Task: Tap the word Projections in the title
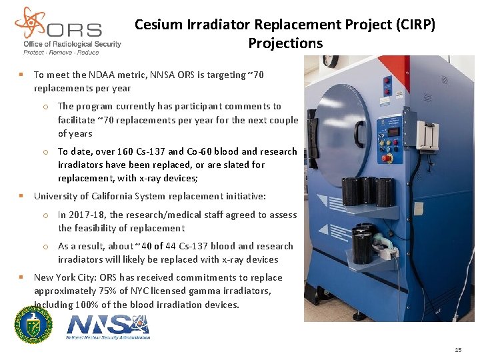click(285, 44)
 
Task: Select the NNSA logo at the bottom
click(109, 327)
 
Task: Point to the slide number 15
click(457, 350)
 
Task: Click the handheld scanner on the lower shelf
click(382, 250)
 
